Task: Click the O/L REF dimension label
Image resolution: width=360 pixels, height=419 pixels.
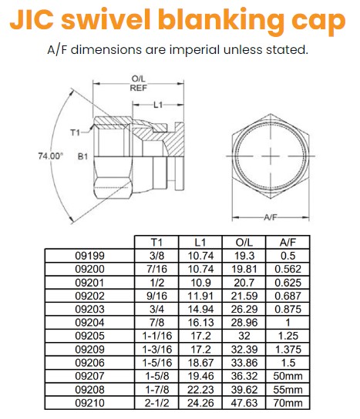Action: (x=140, y=82)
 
